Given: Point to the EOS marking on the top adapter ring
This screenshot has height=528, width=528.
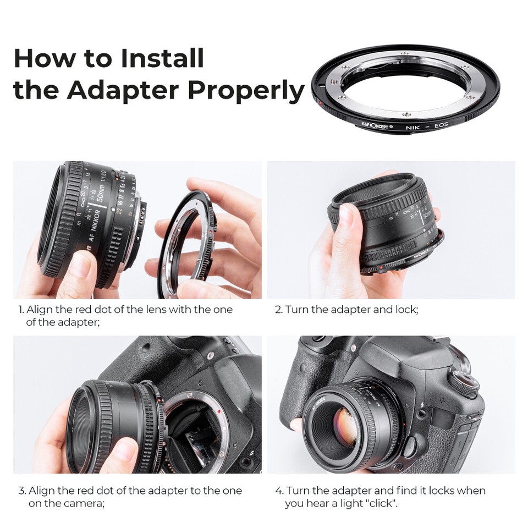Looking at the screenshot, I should click(441, 125).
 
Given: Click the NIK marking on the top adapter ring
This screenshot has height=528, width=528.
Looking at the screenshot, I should click(412, 127).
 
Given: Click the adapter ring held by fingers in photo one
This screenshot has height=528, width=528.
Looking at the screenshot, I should click(187, 242).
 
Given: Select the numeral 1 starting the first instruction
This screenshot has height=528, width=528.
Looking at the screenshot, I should click(21, 310).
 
